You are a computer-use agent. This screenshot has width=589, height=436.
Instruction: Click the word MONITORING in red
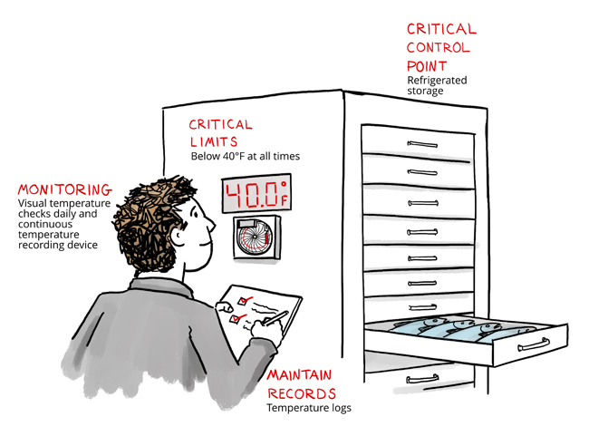tap(64, 190)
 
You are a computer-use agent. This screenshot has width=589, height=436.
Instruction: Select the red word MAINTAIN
tap(299, 375)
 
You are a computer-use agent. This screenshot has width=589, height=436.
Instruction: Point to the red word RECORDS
tap(301, 393)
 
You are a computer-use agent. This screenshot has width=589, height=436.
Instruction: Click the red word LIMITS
tap(215, 141)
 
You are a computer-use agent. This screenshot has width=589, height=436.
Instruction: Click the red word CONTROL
tap(439, 47)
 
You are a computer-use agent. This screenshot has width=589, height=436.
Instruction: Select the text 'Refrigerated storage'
tap(437, 85)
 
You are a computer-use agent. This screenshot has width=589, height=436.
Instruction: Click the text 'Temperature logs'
tap(308, 409)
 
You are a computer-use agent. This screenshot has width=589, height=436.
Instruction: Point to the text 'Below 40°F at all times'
tap(245, 157)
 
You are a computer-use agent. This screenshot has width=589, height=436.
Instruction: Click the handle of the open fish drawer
tap(532, 344)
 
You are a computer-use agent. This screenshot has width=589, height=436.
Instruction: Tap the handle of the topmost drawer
tap(421, 142)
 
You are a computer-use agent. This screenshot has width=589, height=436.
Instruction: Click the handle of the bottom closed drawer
tap(421, 378)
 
